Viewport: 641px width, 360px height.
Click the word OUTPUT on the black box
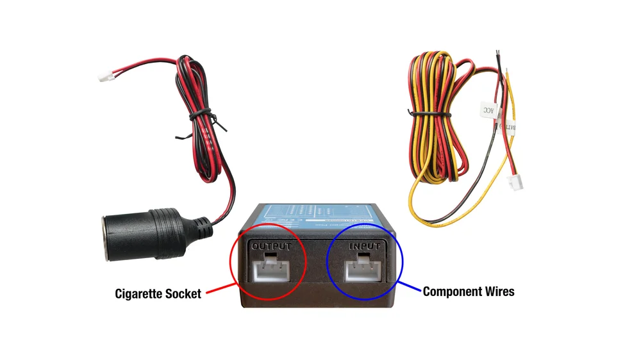tap(272, 246)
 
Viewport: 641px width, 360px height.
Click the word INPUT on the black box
tap(364, 246)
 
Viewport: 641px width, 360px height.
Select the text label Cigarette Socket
tap(158, 294)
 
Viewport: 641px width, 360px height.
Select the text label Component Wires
tap(469, 291)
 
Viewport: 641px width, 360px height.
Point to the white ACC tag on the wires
tap(488, 110)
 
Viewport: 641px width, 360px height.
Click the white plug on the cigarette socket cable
tap(104, 78)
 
